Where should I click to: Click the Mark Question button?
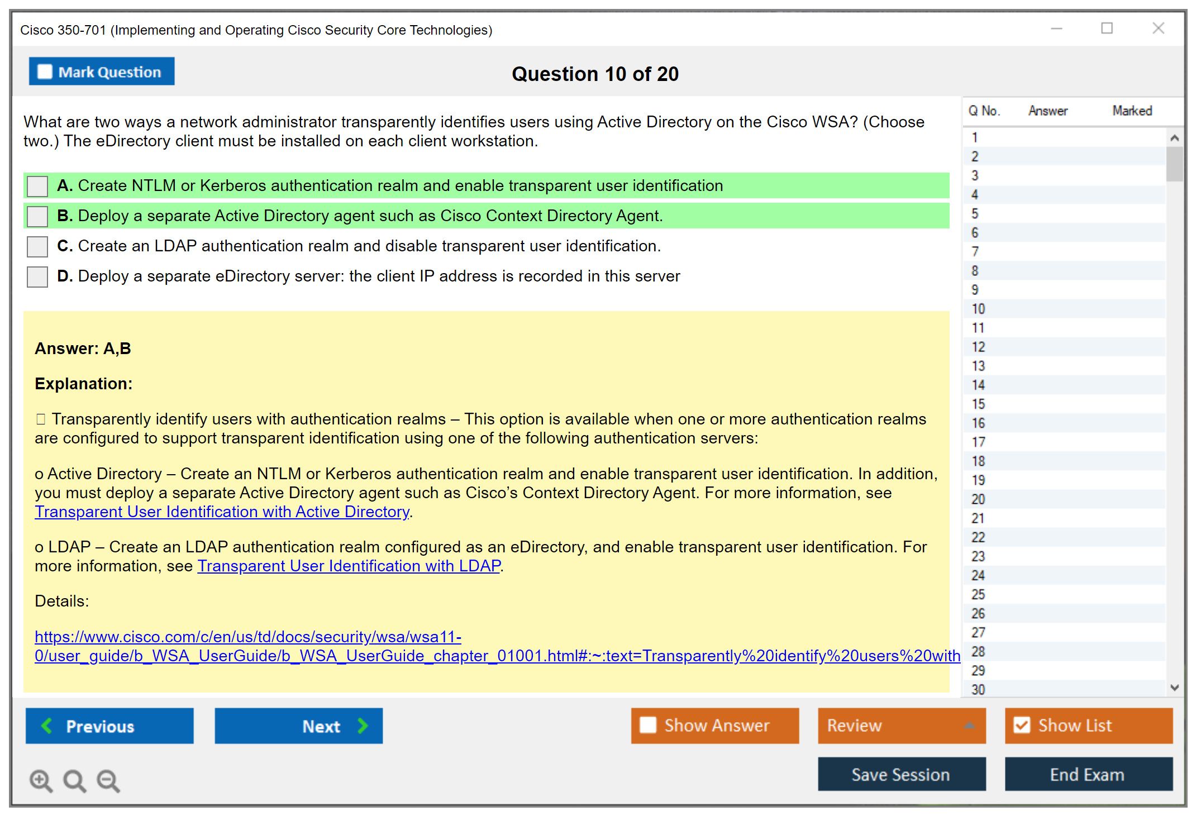tap(101, 71)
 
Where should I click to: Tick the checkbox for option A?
tap(37, 186)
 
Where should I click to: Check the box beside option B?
tap(37, 216)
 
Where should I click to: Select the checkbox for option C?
tap(37, 246)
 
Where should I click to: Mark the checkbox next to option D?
tap(37, 276)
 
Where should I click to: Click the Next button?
tap(298, 725)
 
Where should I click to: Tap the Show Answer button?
tap(714, 725)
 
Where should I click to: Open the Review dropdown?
tap(901, 725)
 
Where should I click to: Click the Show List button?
tap(1088, 725)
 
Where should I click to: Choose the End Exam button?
tap(1088, 774)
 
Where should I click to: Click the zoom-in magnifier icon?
tap(41, 781)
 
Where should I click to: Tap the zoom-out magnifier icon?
tap(108, 781)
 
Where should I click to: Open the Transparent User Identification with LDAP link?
tap(349, 566)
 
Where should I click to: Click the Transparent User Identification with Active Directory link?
tap(222, 512)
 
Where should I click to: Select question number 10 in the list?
tap(979, 309)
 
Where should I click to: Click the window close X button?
tap(1158, 28)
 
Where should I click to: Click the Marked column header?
tap(1132, 111)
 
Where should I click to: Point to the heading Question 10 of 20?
tap(595, 74)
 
